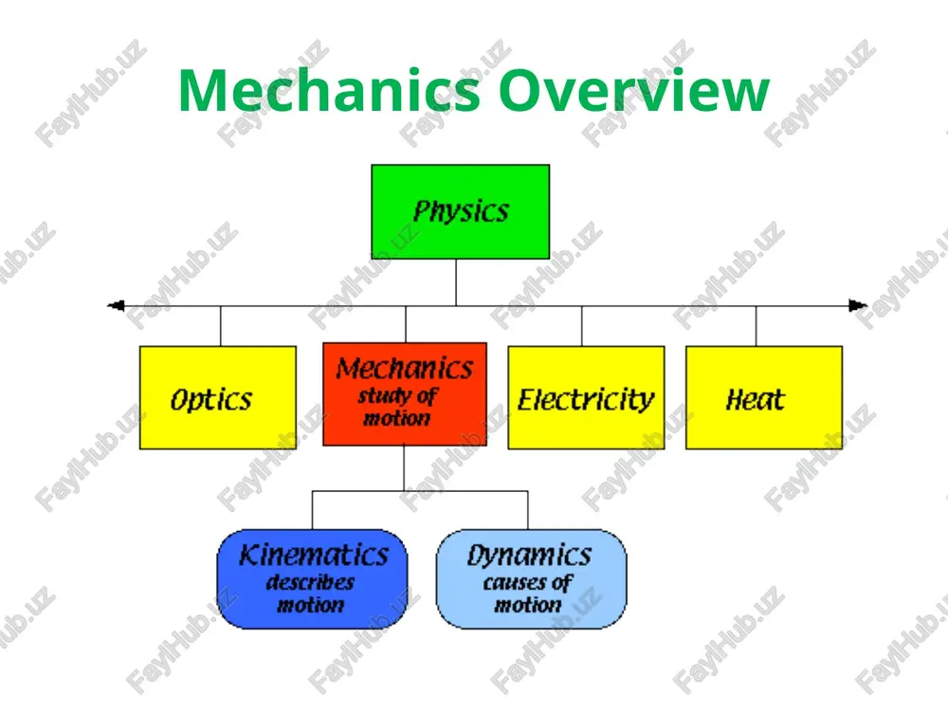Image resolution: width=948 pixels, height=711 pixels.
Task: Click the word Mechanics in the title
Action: click(330, 90)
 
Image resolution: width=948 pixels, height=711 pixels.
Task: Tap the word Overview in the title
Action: click(634, 90)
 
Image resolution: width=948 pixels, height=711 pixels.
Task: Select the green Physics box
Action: click(461, 211)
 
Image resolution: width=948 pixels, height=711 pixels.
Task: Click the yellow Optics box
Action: click(218, 397)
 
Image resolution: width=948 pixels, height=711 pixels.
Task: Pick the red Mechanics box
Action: click(405, 394)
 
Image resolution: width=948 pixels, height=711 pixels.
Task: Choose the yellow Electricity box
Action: click(587, 397)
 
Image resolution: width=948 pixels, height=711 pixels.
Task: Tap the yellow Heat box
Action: click(764, 397)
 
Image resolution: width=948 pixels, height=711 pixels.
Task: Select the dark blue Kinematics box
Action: click(312, 579)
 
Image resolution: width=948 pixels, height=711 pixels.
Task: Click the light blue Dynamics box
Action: click(532, 579)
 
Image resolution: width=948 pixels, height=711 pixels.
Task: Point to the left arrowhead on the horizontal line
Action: click(116, 306)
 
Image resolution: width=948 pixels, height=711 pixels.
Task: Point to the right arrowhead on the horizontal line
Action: click(858, 306)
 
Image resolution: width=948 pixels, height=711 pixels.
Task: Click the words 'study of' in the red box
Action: click(397, 396)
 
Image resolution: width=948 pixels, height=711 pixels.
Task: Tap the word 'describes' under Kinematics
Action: click(310, 582)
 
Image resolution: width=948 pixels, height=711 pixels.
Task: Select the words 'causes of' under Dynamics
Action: click(528, 583)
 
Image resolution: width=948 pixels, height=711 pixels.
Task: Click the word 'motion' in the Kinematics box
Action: click(310, 605)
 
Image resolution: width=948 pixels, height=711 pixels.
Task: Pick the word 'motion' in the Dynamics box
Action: click(528, 605)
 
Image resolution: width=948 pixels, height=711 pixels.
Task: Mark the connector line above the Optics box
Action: click(221, 326)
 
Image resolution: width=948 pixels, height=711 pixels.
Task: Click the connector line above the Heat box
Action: click(756, 326)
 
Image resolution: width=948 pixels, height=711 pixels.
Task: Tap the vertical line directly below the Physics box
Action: click(456, 283)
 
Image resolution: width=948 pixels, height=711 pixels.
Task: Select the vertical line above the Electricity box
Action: click(582, 326)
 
